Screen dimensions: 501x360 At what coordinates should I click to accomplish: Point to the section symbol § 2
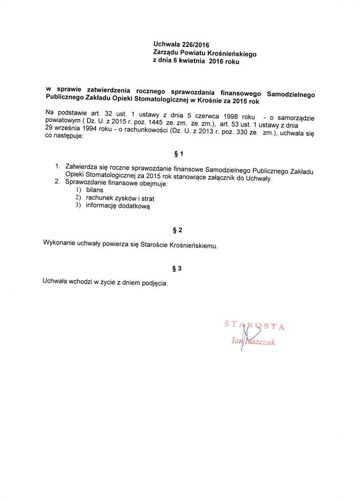pos(178,230)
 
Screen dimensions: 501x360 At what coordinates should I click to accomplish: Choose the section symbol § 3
pos(177,269)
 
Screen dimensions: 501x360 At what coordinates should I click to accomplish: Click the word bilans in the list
pos(95,190)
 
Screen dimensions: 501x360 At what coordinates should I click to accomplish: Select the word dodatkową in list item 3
pos(133,207)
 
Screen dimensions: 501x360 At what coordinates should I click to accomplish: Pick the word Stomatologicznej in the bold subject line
pos(159,100)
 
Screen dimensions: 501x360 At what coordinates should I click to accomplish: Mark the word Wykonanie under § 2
pos(60,242)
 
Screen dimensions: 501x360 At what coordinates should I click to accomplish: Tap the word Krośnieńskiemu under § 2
pos(191,245)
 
